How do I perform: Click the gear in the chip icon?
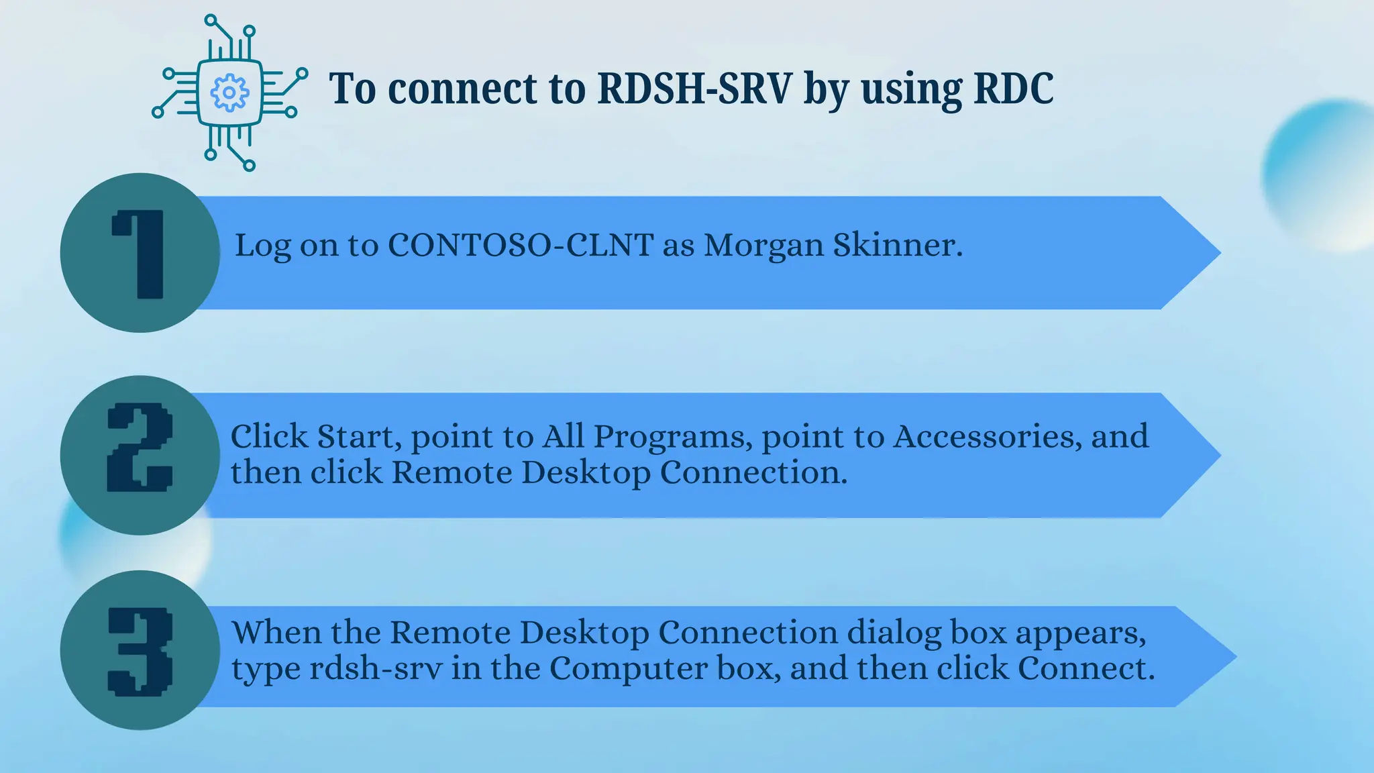tap(229, 93)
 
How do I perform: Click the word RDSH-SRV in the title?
tap(694, 89)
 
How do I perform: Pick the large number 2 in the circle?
tap(140, 448)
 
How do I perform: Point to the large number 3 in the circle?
tap(140, 651)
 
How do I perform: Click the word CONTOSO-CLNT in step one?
tap(521, 246)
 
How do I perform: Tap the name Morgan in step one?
tap(763, 246)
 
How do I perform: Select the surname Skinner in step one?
tap(897, 246)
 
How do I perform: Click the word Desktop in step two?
tap(586, 474)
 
